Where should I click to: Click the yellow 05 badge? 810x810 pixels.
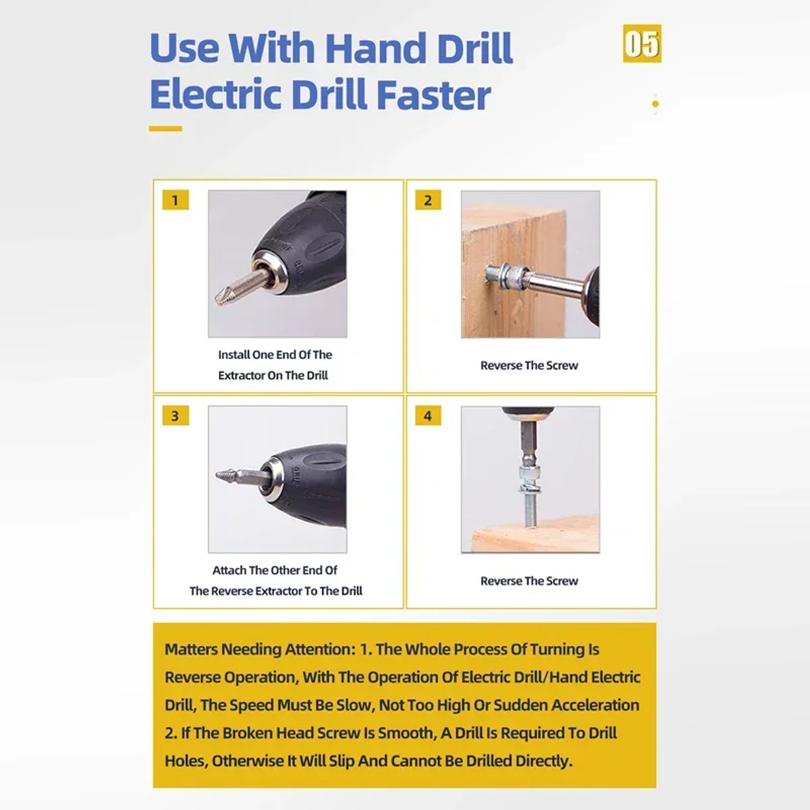tap(642, 44)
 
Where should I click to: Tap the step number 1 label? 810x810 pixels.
tap(175, 200)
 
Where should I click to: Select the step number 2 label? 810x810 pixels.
tap(428, 200)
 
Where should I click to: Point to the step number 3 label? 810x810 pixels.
tap(175, 416)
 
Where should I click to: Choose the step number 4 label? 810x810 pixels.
tap(428, 416)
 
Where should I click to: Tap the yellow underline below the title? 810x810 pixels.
tap(165, 129)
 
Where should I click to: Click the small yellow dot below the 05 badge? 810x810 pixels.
tap(655, 104)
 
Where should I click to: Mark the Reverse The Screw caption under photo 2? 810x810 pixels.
tap(529, 366)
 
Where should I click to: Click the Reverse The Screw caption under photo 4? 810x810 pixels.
tap(529, 581)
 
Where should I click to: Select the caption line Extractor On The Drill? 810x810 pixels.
tap(273, 375)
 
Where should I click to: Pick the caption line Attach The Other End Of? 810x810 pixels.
tap(274, 570)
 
